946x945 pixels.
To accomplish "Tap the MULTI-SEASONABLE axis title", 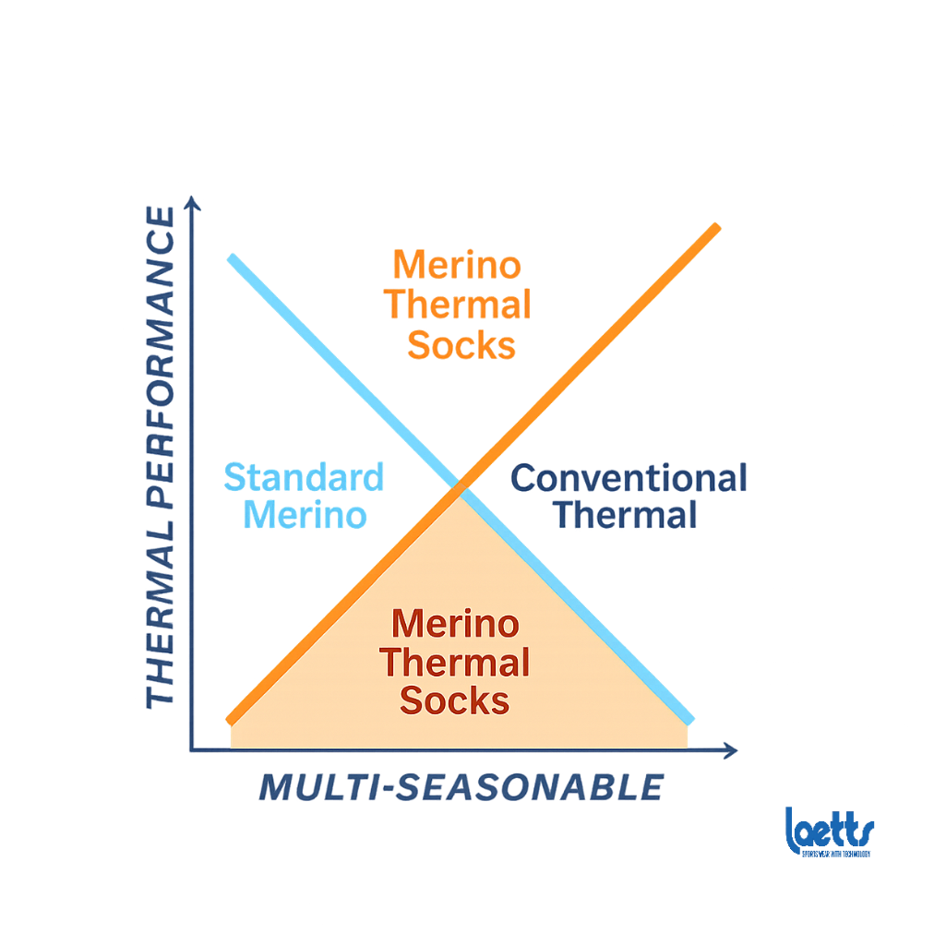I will click(461, 787).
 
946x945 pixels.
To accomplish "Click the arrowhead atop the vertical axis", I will click(192, 202).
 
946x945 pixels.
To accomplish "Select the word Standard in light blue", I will click(304, 478).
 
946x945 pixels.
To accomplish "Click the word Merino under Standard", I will click(304, 515).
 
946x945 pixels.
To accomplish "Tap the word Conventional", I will click(628, 478).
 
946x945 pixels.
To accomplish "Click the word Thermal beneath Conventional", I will click(625, 515).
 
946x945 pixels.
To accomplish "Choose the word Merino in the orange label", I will click(457, 265).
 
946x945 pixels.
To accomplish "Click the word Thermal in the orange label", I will click(458, 305).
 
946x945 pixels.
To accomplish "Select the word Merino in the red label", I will click(455, 624).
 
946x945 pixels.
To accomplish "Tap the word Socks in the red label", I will click(455, 700).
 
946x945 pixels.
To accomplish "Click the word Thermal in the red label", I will click(455, 663).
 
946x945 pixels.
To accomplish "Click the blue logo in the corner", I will click(829, 831).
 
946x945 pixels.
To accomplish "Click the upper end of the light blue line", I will click(231, 257).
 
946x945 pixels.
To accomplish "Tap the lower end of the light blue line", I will click(689, 720).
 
